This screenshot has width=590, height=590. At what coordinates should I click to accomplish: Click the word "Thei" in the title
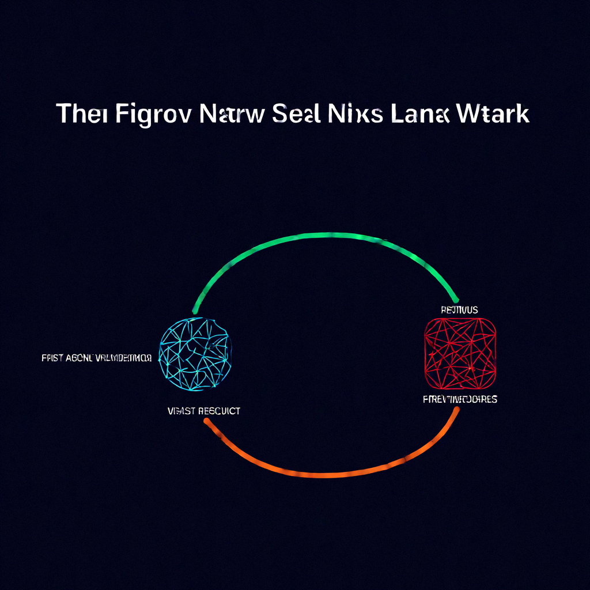(x=81, y=114)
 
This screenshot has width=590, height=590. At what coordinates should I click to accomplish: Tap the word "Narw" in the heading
(x=230, y=114)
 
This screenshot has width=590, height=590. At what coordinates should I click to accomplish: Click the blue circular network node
(x=195, y=353)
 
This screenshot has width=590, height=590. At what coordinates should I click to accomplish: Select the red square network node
(x=460, y=353)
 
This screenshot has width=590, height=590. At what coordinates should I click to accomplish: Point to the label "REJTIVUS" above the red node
(x=459, y=310)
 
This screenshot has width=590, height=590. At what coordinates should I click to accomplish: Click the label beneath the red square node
(x=459, y=399)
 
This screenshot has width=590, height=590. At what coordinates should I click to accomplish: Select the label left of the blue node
(x=96, y=358)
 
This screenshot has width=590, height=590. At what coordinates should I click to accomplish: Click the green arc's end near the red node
(x=455, y=298)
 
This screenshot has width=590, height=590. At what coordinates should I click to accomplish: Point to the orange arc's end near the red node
(x=456, y=410)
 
